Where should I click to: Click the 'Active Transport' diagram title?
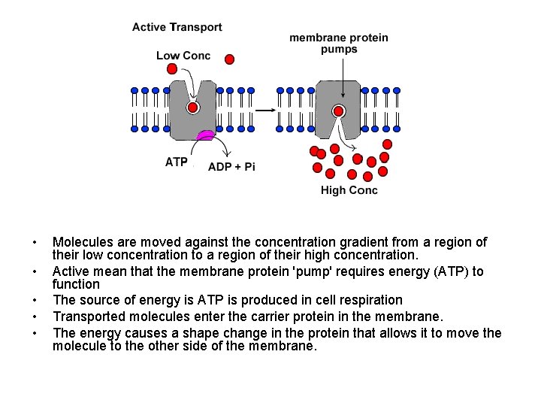(177, 27)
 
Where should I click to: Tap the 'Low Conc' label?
(183, 56)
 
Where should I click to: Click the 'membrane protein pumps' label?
(339, 44)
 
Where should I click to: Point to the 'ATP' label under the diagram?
(177, 162)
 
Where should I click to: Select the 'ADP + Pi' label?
(231, 166)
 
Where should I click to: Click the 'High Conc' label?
(349, 190)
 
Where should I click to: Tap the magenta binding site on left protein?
(204, 136)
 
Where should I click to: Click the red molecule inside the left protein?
(193, 108)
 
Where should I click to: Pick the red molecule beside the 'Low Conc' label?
(229, 59)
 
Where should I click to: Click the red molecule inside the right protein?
(338, 112)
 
